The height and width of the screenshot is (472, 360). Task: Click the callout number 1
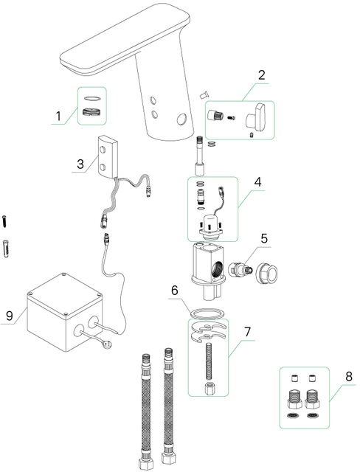59,116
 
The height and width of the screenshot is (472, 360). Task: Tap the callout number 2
261,75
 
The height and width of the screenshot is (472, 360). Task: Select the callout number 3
80,164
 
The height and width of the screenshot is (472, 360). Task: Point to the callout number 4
257,182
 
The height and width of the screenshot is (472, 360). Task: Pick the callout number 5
264,238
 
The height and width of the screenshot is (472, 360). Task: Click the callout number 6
175,291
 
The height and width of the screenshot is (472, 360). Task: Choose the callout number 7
247,332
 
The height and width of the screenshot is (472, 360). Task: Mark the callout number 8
349,376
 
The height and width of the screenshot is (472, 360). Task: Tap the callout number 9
10,316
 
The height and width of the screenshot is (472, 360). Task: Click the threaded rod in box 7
208,362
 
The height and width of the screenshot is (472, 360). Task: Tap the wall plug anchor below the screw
6,249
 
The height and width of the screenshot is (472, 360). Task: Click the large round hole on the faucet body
181,119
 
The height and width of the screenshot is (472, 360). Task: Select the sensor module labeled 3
108,156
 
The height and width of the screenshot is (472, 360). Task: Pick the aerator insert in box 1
92,111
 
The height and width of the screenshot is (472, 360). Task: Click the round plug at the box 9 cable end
105,342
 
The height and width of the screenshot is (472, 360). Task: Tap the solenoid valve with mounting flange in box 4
212,227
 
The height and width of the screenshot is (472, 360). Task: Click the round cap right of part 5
267,273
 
